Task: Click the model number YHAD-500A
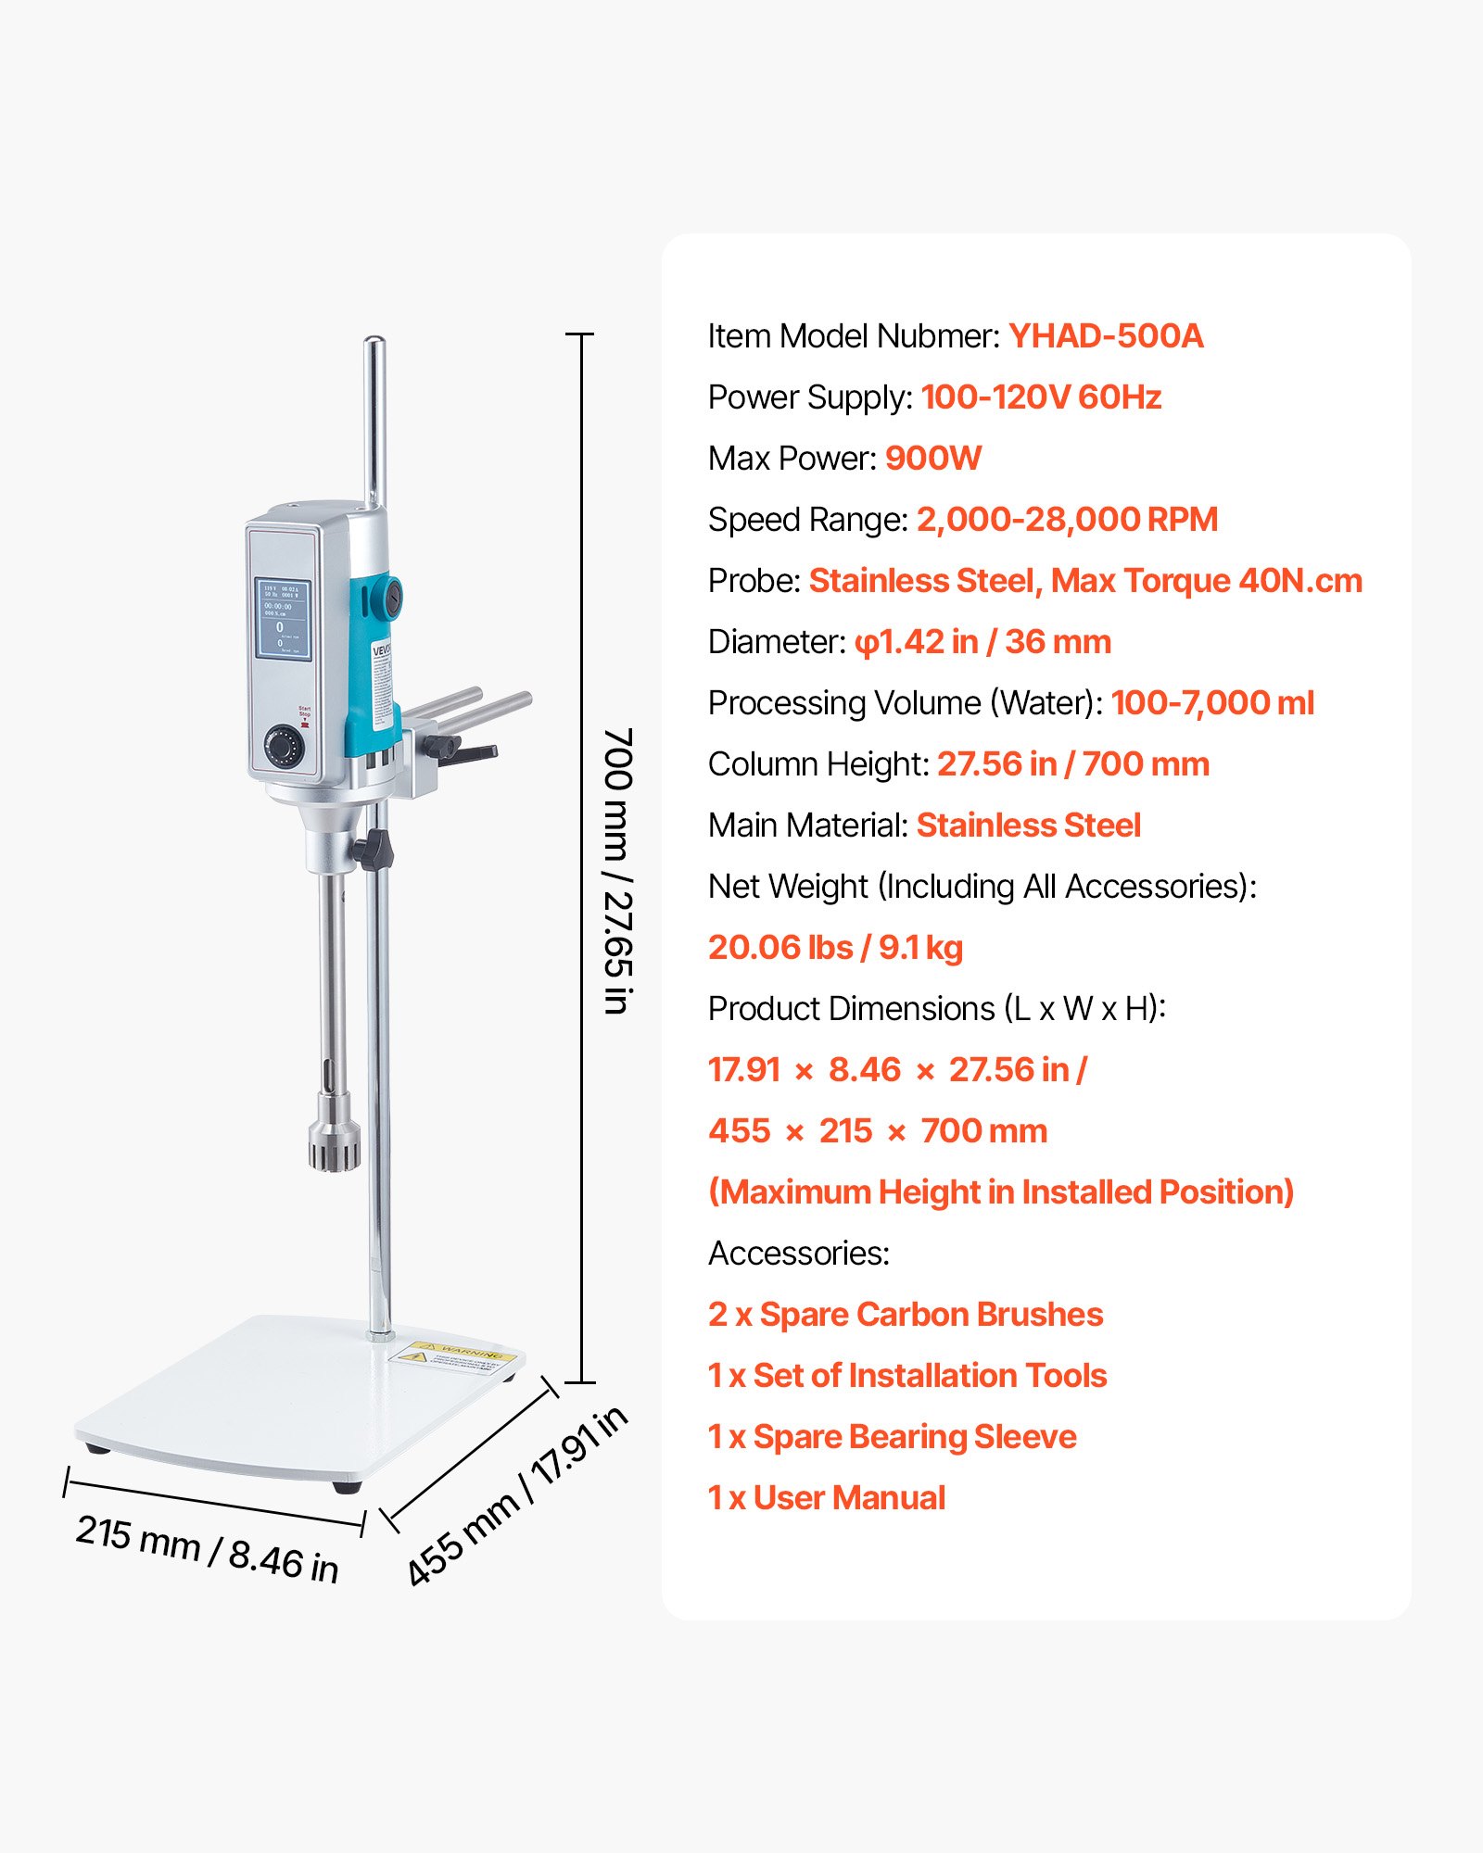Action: click(x=1106, y=336)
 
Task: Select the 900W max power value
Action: click(x=932, y=459)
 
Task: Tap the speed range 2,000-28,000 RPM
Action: click(x=1067, y=520)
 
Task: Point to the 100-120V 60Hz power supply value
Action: click(x=1041, y=397)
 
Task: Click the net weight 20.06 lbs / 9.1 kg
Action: click(x=835, y=948)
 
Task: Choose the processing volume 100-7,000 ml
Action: click(x=1212, y=703)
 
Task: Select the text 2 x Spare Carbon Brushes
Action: click(x=906, y=1315)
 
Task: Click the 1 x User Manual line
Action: click(x=827, y=1498)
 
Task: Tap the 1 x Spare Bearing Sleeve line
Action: click(x=892, y=1437)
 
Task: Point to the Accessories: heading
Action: click(x=799, y=1254)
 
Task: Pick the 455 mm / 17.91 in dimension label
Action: click(x=517, y=1495)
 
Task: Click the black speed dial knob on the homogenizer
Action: click(x=284, y=746)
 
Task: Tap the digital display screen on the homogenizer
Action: click(x=282, y=619)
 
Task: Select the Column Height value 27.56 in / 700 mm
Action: click(x=1072, y=764)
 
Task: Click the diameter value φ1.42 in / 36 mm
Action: click(x=982, y=642)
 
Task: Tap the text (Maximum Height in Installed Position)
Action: click(x=1001, y=1192)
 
